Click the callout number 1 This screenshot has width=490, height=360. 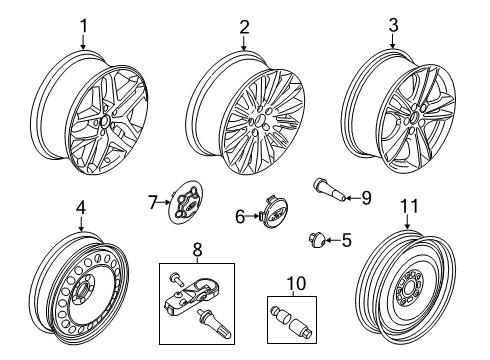84,27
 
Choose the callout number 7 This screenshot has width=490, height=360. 153,203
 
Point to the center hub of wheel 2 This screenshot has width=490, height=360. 258,126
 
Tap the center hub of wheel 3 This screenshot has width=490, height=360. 411,124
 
